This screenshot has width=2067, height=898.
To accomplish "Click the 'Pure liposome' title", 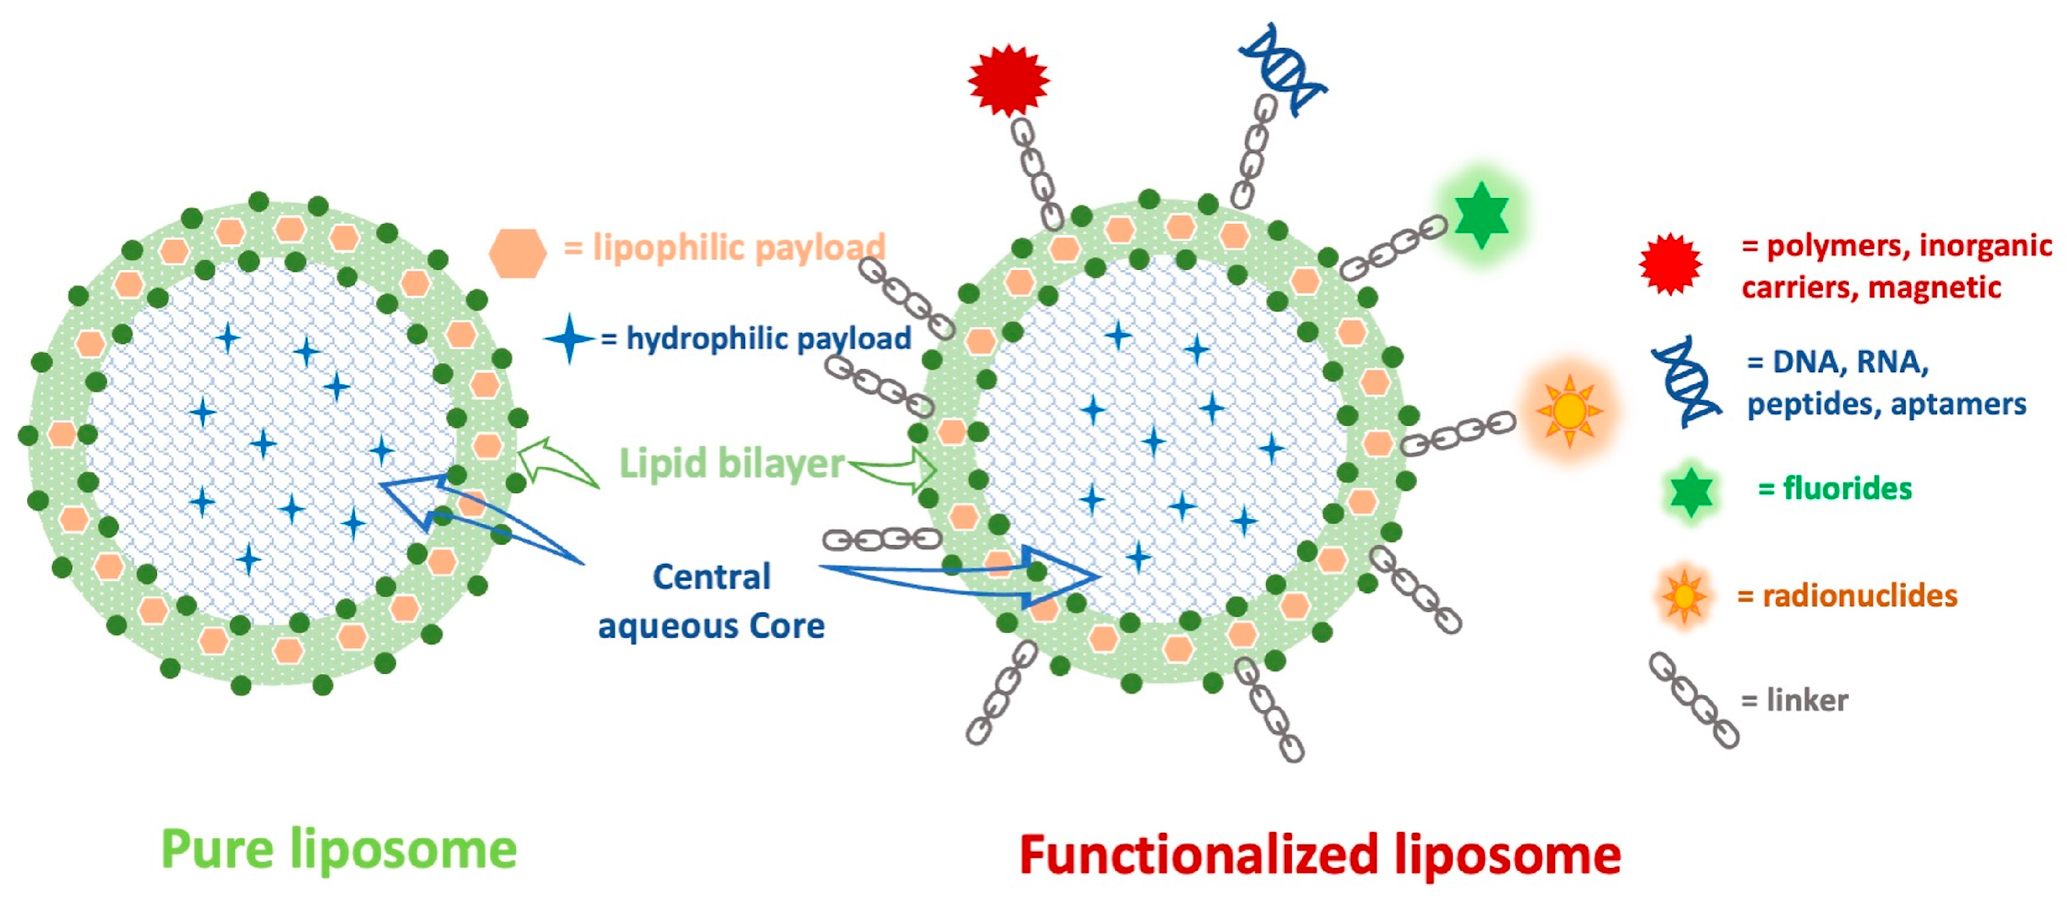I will point(339,849).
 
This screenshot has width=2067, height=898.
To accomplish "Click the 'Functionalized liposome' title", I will point(1319,855).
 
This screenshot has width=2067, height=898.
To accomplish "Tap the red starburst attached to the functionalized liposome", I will point(1008,80).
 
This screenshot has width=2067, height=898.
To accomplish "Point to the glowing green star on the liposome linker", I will point(1480,215).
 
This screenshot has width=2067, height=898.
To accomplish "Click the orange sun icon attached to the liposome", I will point(1569,411).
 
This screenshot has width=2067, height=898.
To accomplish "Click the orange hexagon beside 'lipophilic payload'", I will point(517,254).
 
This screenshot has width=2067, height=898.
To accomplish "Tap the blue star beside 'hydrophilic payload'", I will point(569,339).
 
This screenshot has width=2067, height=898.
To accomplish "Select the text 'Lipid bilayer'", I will point(731,463).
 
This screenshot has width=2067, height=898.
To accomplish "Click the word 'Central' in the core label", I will point(712,576).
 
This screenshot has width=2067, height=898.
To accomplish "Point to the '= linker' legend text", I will point(1794,701).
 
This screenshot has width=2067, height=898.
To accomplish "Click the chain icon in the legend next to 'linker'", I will point(1693,701).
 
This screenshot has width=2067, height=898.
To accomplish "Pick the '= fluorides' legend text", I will point(1834,488).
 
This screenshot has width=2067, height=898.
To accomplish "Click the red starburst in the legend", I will point(1670,264).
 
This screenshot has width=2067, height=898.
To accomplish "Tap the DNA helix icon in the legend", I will point(1685,381).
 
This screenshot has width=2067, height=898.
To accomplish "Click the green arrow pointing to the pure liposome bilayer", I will point(556,464).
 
